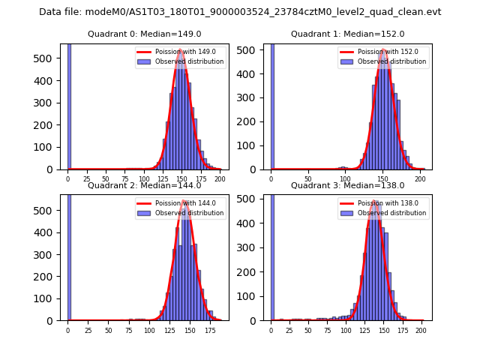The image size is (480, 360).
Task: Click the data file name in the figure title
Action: tap(240, 12)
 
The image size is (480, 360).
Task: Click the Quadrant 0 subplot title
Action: tap(145, 34)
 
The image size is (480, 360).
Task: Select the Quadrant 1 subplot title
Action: tap(348, 34)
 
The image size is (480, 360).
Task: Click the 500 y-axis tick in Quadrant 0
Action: tap(49, 58)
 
